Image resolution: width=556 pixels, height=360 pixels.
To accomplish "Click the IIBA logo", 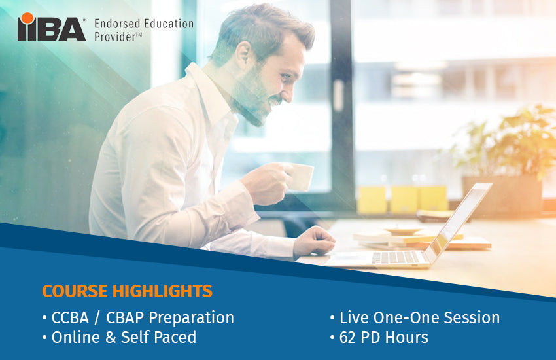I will (52, 28).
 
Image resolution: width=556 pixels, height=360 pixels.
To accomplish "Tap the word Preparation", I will (192, 319).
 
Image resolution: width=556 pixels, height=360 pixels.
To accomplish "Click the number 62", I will (349, 338).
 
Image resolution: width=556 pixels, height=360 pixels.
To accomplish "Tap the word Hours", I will (406, 338).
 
